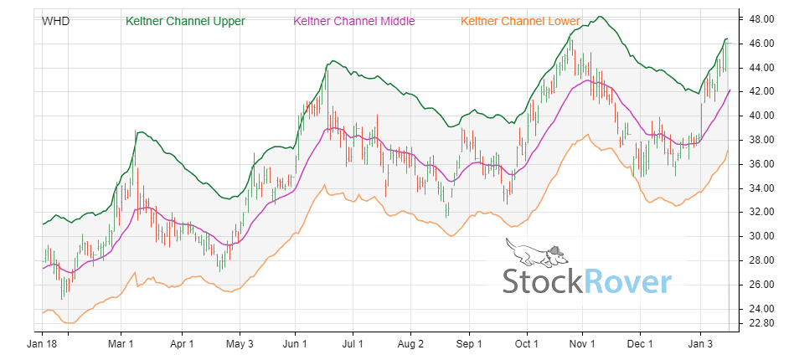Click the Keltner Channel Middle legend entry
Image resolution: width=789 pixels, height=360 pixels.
[354, 20]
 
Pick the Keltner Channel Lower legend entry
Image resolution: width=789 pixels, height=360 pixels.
[520, 20]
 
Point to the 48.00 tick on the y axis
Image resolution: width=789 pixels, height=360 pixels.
[759, 18]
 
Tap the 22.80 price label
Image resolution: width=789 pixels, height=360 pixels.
[759, 323]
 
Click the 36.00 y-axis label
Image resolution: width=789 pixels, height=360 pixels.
[759, 164]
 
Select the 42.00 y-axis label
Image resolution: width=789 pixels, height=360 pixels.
[759, 91]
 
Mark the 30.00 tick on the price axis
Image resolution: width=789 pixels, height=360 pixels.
[759, 236]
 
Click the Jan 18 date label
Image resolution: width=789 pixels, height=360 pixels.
[42, 343]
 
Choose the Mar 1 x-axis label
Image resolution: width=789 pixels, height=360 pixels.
[122, 343]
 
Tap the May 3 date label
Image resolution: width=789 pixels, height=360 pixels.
[240, 343]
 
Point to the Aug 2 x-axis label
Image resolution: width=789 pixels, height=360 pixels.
[410, 343]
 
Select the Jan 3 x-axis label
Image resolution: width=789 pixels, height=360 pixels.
[701, 343]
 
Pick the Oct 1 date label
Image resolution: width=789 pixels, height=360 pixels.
[527, 343]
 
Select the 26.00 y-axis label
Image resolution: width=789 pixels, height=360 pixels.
[759, 285]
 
